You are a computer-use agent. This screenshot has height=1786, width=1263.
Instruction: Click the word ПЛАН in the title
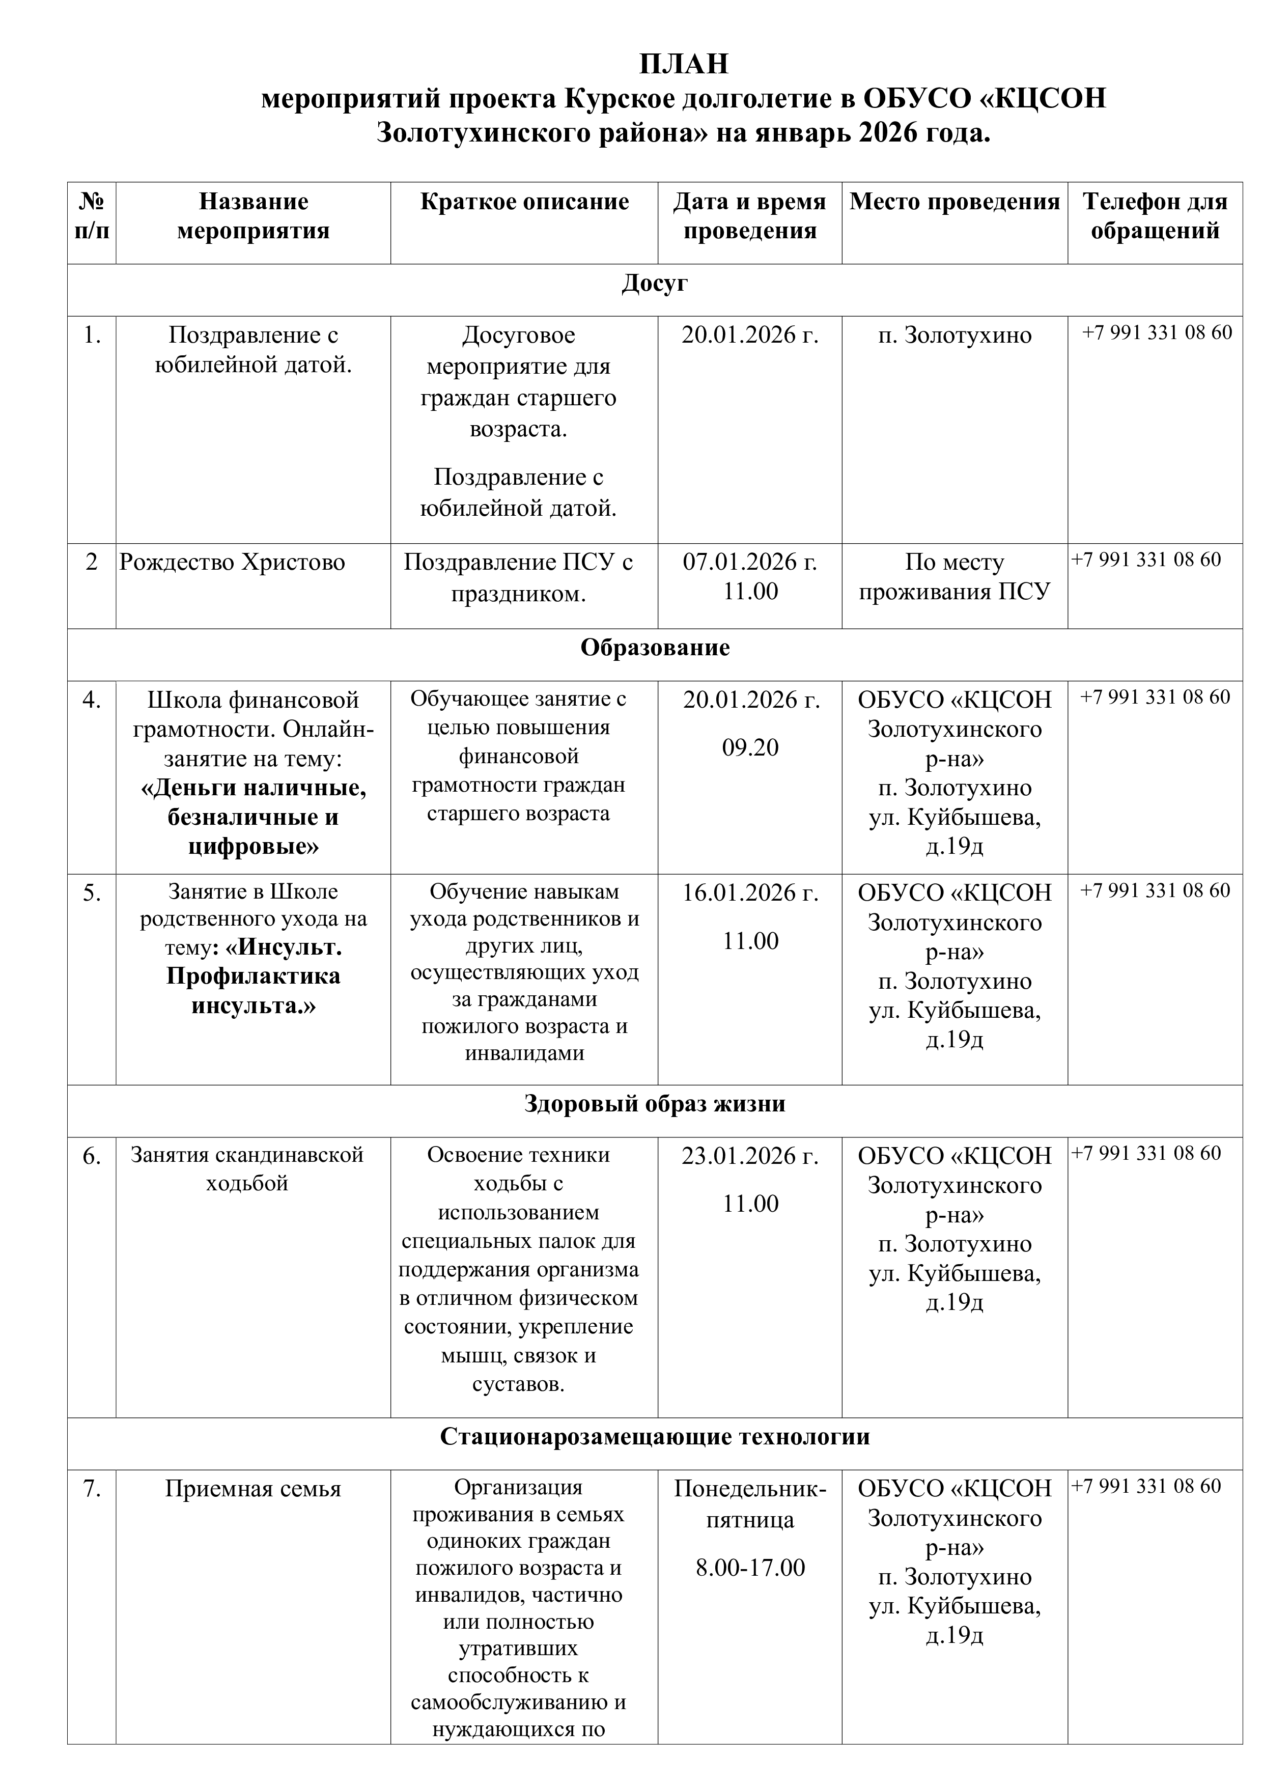(x=684, y=64)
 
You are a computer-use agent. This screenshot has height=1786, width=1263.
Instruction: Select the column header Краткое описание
(x=524, y=202)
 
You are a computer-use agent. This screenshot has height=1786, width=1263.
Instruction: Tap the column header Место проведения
(x=954, y=202)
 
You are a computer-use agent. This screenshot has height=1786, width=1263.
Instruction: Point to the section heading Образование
(x=654, y=648)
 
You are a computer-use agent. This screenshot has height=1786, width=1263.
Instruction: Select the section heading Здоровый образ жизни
(x=654, y=1104)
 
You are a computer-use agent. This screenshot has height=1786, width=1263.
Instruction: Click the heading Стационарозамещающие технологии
(x=654, y=1436)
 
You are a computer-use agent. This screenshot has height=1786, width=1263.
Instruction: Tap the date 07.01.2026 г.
(x=750, y=562)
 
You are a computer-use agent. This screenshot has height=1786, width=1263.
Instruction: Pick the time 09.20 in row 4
(x=750, y=747)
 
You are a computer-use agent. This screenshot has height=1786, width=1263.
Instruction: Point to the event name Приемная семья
(x=253, y=1489)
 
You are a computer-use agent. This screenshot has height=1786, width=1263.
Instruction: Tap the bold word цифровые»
(x=254, y=846)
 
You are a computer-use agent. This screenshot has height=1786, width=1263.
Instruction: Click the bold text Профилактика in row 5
(x=254, y=976)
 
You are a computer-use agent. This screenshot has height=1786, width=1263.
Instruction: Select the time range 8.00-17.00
(x=750, y=1568)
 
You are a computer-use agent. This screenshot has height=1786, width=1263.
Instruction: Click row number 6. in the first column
(x=92, y=1157)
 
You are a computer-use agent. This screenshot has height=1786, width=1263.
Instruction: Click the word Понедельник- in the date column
(x=750, y=1489)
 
